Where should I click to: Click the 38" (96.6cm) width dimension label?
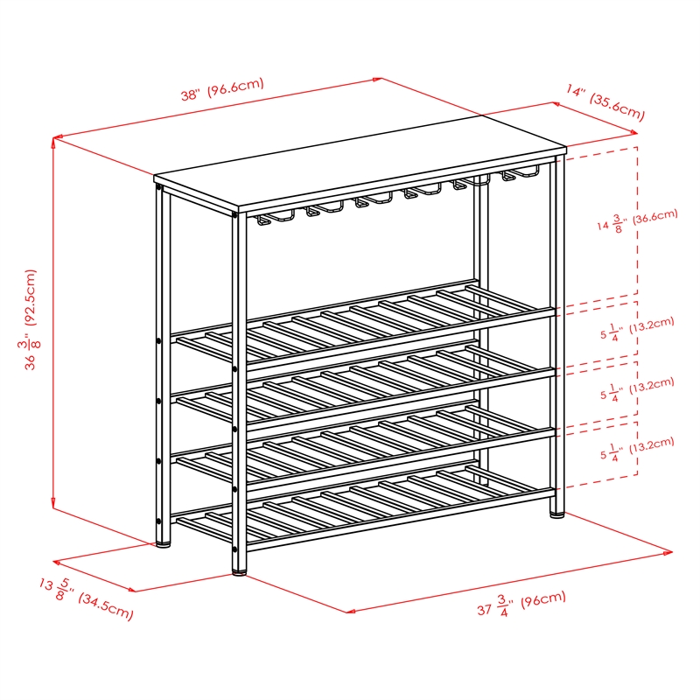[x=222, y=89]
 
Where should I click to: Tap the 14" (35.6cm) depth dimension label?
[x=605, y=101]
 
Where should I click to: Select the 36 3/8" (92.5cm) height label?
[x=31, y=319]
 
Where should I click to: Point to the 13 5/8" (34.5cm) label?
[x=87, y=599]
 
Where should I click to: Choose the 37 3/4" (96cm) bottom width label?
[x=521, y=604]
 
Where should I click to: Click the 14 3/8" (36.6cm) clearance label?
[x=637, y=220]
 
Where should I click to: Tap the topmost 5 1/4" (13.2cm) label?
[x=637, y=328]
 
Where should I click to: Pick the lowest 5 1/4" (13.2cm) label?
[x=637, y=449]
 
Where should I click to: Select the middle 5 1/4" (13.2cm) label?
[x=637, y=388]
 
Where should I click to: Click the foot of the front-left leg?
[x=239, y=572]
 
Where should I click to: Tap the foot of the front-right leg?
[x=556, y=514]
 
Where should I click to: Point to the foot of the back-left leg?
[x=163, y=544]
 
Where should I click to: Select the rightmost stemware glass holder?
[x=520, y=172]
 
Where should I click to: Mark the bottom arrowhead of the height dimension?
[x=53, y=504]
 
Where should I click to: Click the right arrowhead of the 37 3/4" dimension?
[x=668, y=553]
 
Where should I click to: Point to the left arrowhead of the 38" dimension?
[x=57, y=137]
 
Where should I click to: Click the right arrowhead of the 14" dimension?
[x=633, y=132]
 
